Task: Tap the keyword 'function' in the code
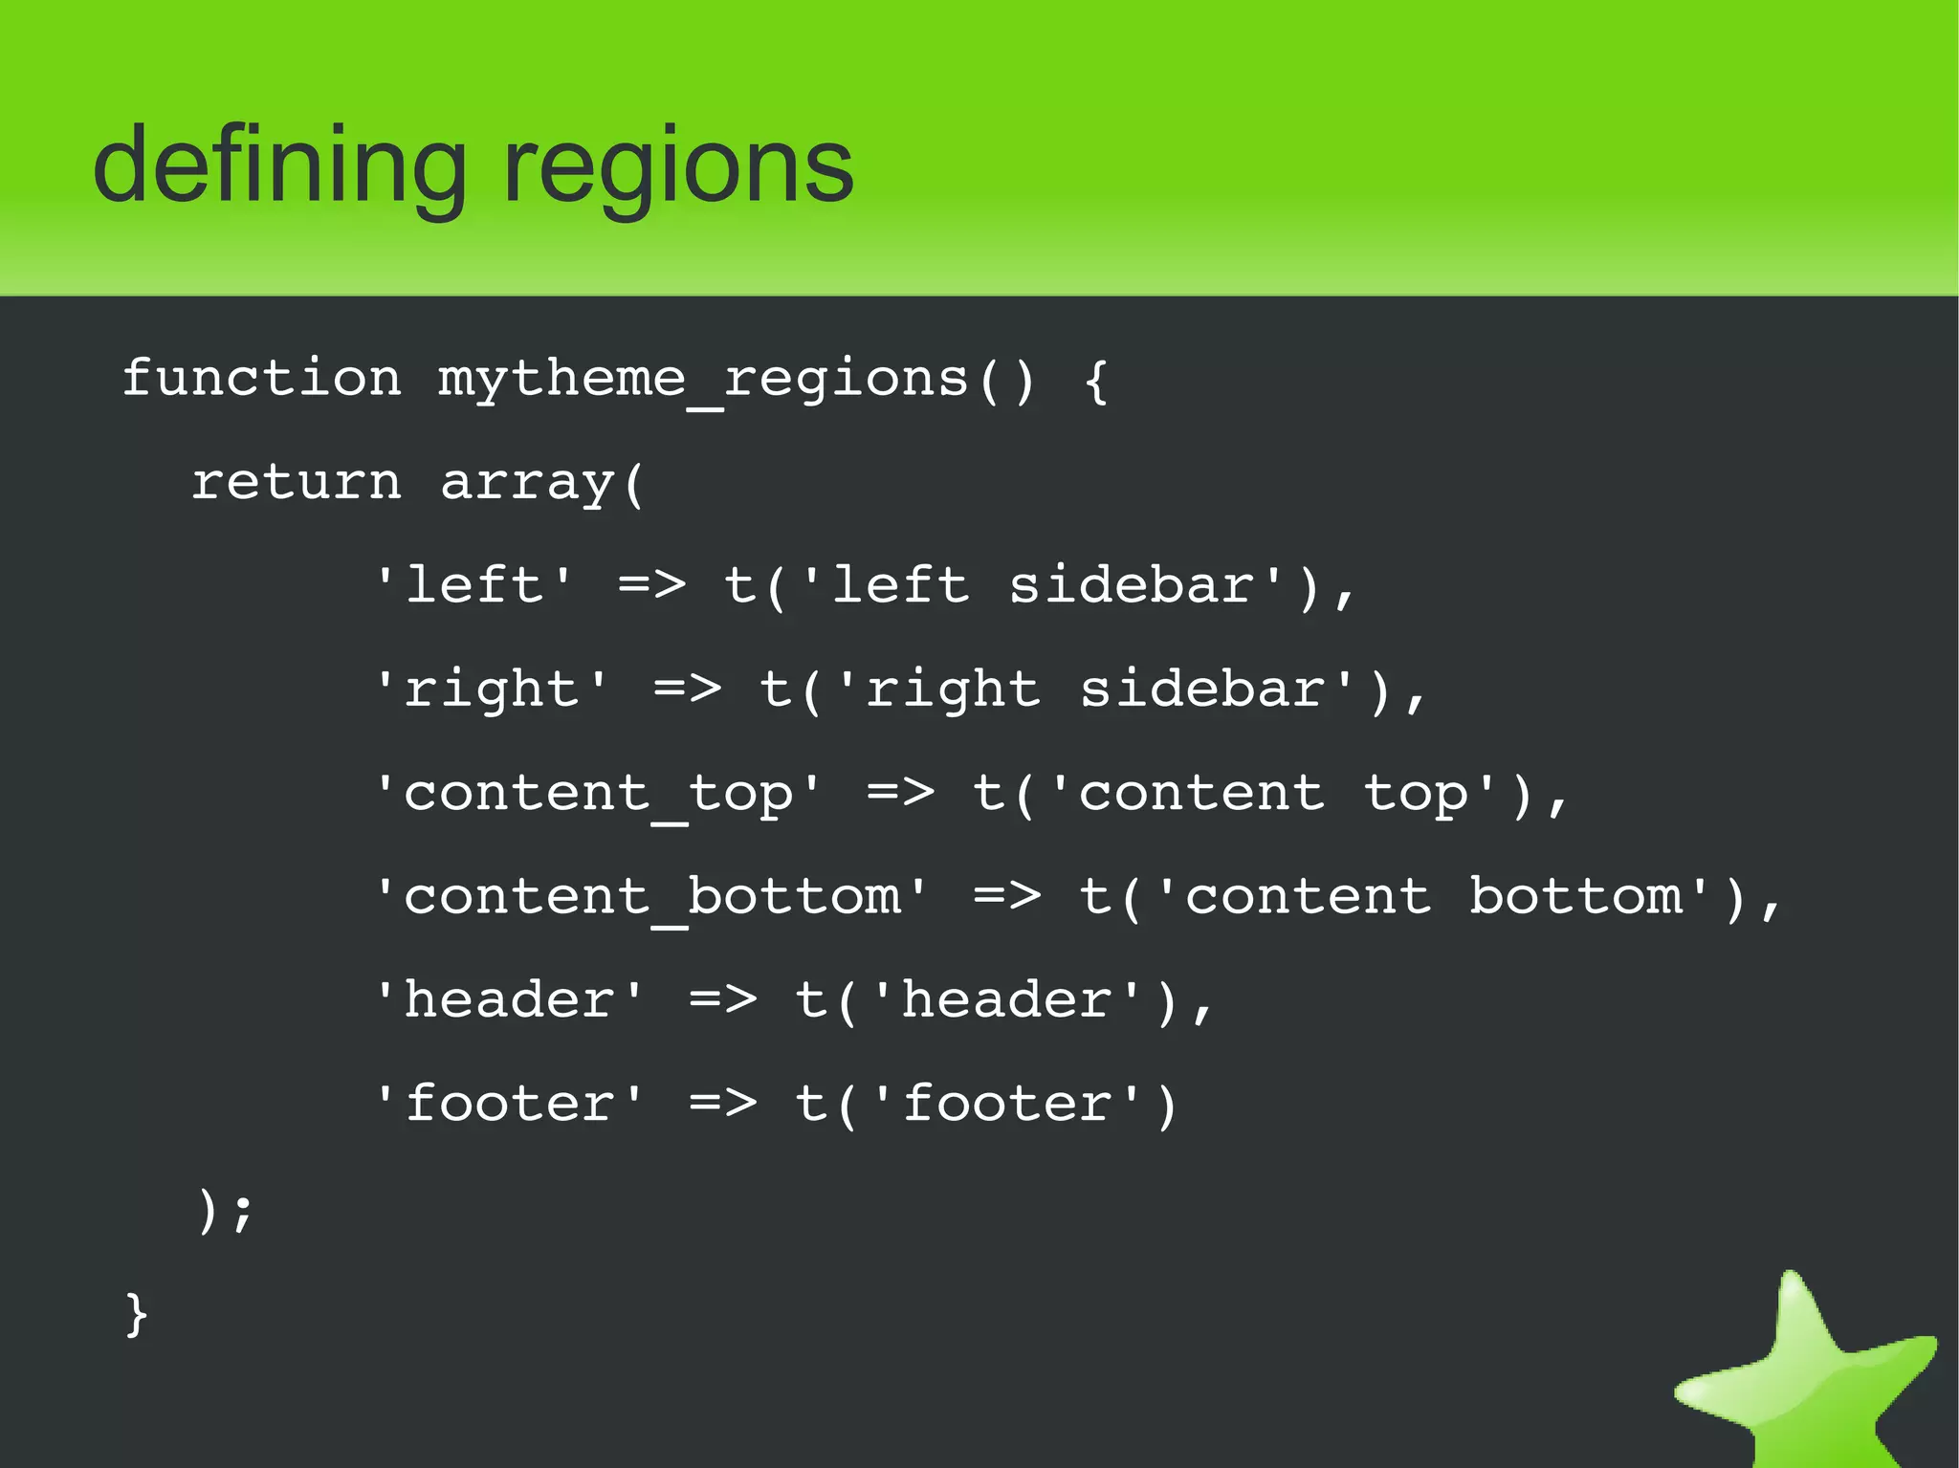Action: pos(261,378)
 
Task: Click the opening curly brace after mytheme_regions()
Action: pos(1096,381)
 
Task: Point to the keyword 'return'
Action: pos(297,481)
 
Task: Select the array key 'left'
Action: pos(474,585)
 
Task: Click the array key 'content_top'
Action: pos(599,794)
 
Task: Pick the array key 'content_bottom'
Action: pos(651,897)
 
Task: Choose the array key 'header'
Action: pos(510,1000)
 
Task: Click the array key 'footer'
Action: pos(510,1104)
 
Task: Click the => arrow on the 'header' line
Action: pos(722,1000)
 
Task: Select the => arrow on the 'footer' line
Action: pos(722,1104)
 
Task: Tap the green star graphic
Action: pos(1808,1377)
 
